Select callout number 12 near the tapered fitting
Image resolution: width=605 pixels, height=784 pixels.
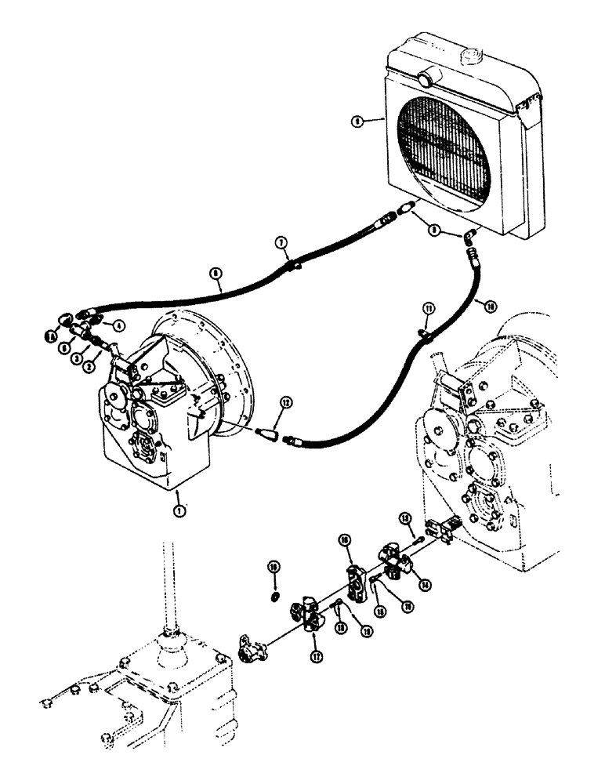click(x=286, y=403)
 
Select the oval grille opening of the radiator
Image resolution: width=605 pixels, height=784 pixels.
click(x=444, y=149)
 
